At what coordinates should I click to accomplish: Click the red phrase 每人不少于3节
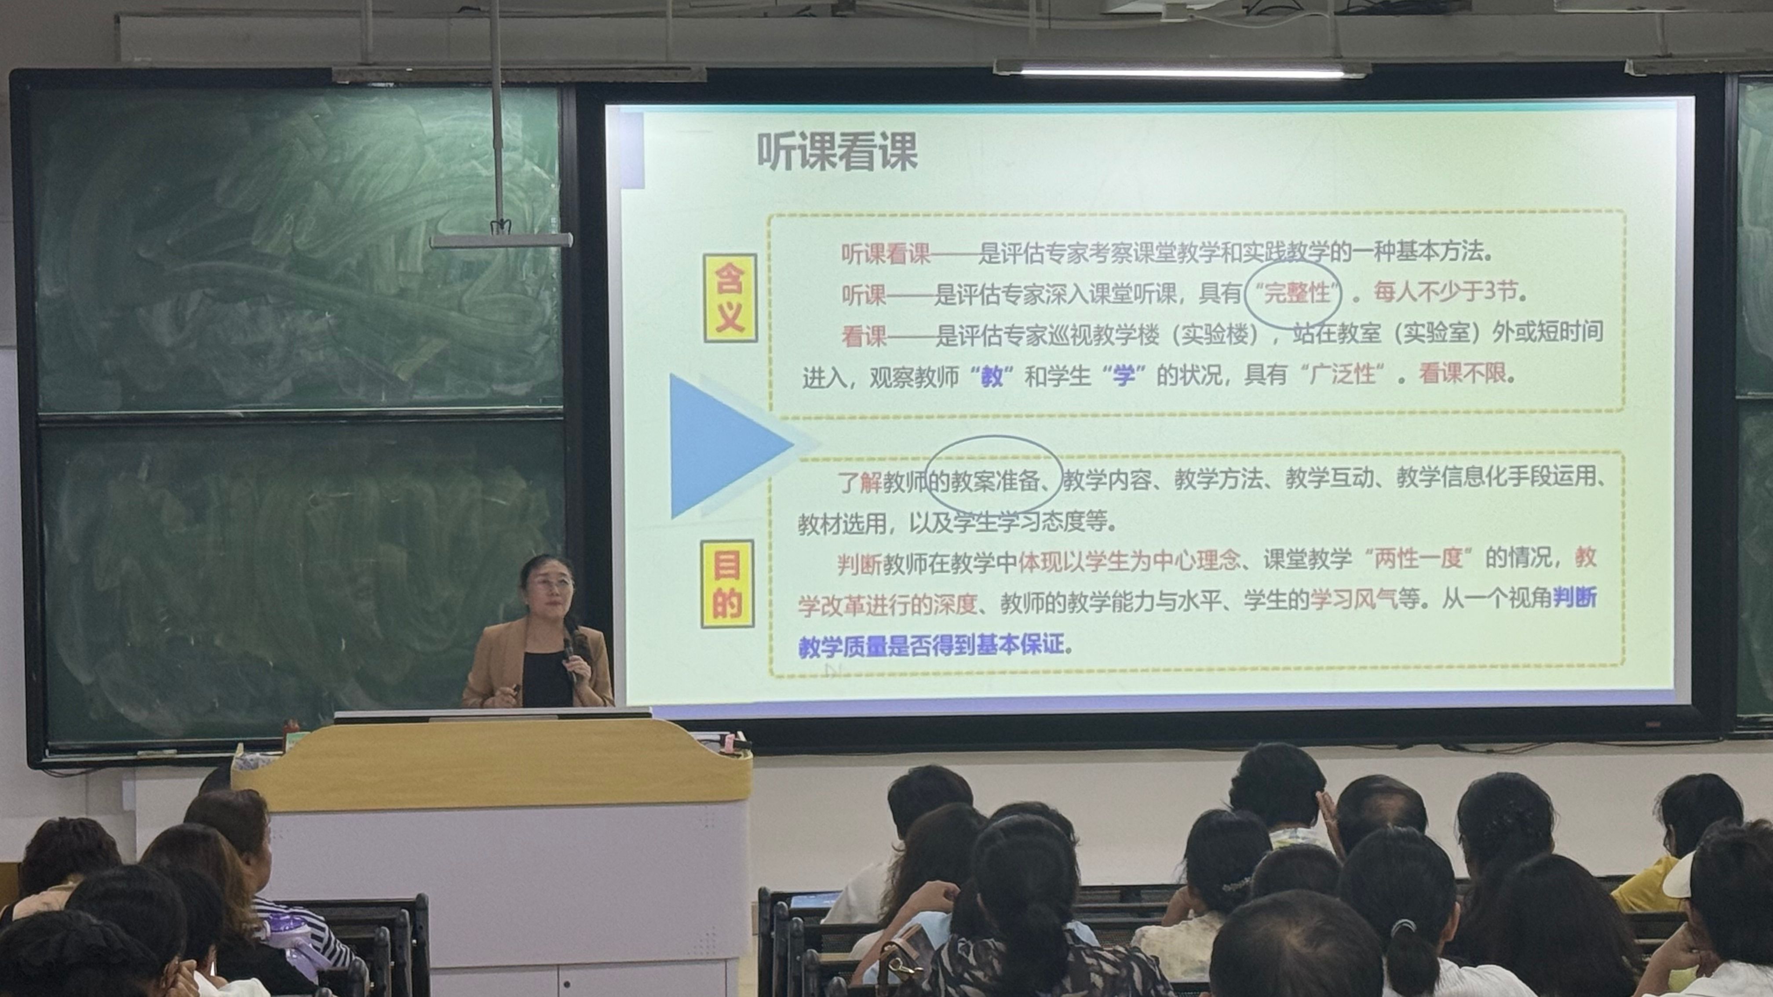tap(1446, 292)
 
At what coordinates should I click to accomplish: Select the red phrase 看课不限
tap(1462, 374)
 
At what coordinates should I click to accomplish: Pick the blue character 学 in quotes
tap(1123, 376)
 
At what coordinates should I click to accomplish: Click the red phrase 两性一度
tap(1419, 558)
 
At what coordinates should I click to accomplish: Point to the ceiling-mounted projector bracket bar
tap(501, 240)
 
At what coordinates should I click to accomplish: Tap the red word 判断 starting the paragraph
tap(859, 564)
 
